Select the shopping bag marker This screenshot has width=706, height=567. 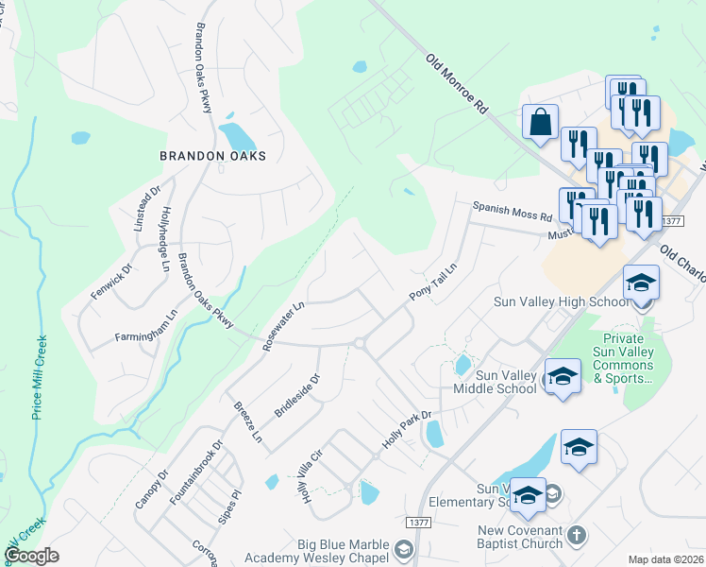540,123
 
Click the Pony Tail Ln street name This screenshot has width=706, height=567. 432,282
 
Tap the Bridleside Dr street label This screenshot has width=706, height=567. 297,395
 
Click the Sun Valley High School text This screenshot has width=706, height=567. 561,302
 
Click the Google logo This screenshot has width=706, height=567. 31,556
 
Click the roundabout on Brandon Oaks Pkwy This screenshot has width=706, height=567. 359,344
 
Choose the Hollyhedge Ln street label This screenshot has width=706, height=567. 166,239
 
